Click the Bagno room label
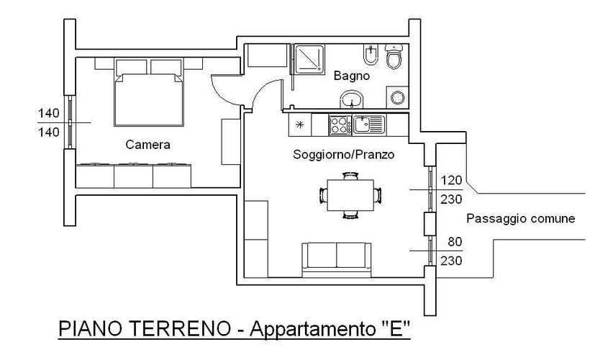coord(352,75)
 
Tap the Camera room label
coord(147,144)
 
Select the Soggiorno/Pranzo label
coord(344,154)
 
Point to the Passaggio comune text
coord(520,219)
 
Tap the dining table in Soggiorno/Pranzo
coord(350,195)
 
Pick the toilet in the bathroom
coord(393,58)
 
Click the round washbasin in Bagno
coord(352,99)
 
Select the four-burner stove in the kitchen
coord(339,125)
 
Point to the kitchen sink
coord(370,125)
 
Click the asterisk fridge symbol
coord(299,125)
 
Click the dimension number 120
coord(450,179)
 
